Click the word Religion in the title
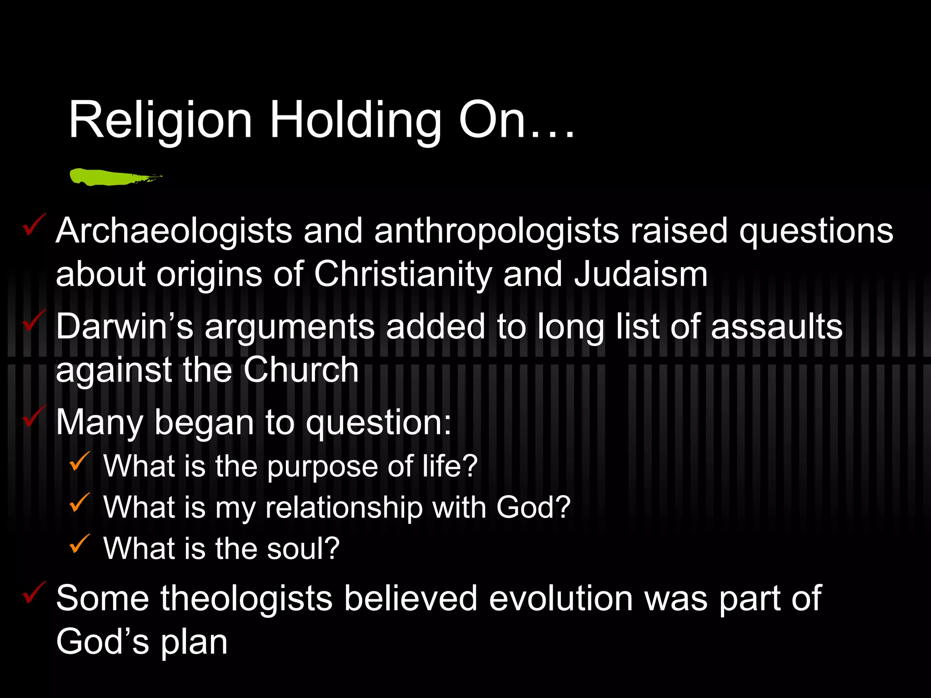tap(160, 121)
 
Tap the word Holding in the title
tap(355, 121)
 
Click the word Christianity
tap(403, 274)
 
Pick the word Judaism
tap(641, 274)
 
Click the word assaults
tap(777, 326)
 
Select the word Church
tap(301, 370)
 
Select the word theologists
tap(246, 598)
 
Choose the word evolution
tap(561, 598)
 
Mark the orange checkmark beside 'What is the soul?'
tap(80, 544)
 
